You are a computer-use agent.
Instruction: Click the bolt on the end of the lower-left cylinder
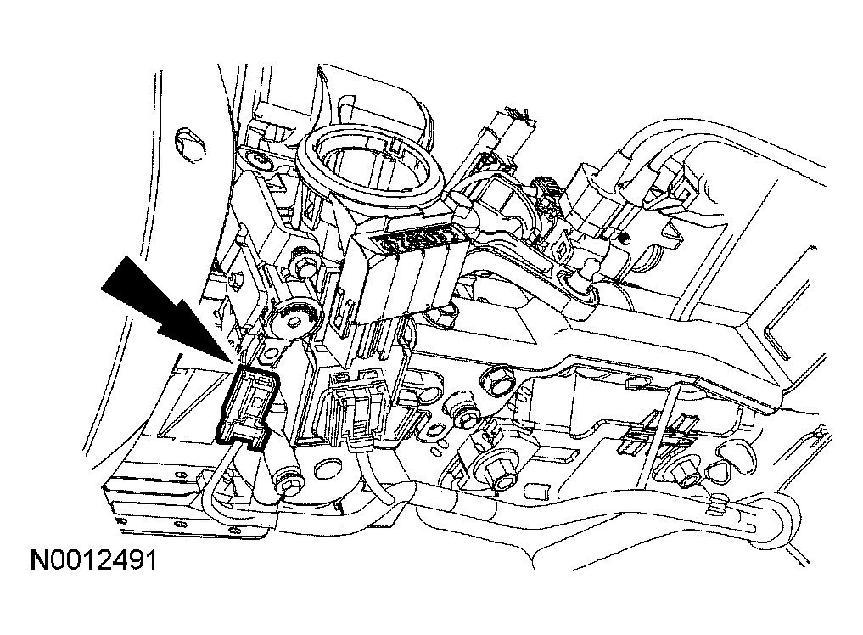point(289,485)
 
